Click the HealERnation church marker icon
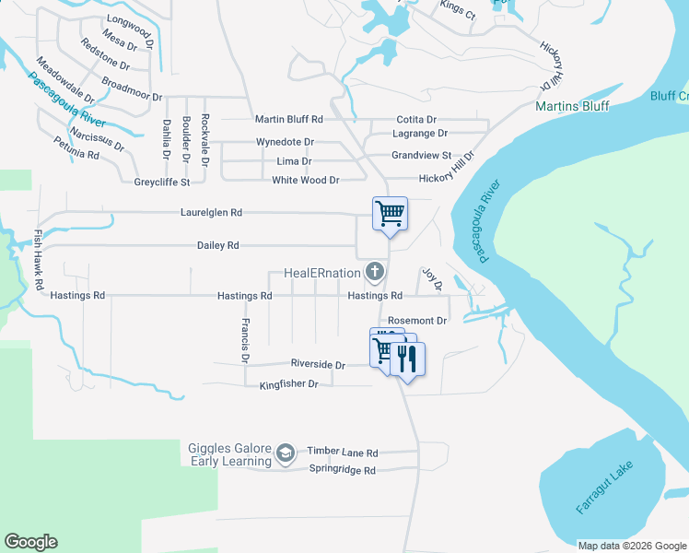tap(374, 272)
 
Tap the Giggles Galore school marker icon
tap(286, 453)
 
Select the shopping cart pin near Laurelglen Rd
tap(390, 215)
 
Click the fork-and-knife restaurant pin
tap(408, 357)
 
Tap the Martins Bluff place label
tap(572, 106)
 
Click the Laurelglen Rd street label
tap(211, 212)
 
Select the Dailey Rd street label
tap(217, 246)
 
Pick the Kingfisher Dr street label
tap(288, 383)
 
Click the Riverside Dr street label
tap(318, 365)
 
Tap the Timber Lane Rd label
tap(343, 453)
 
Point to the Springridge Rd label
tap(342, 470)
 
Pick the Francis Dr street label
tap(245, 338)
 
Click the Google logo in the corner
tap(31, 542)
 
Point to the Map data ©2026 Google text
tap(631, 546)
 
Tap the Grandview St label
tap(421, 156)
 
